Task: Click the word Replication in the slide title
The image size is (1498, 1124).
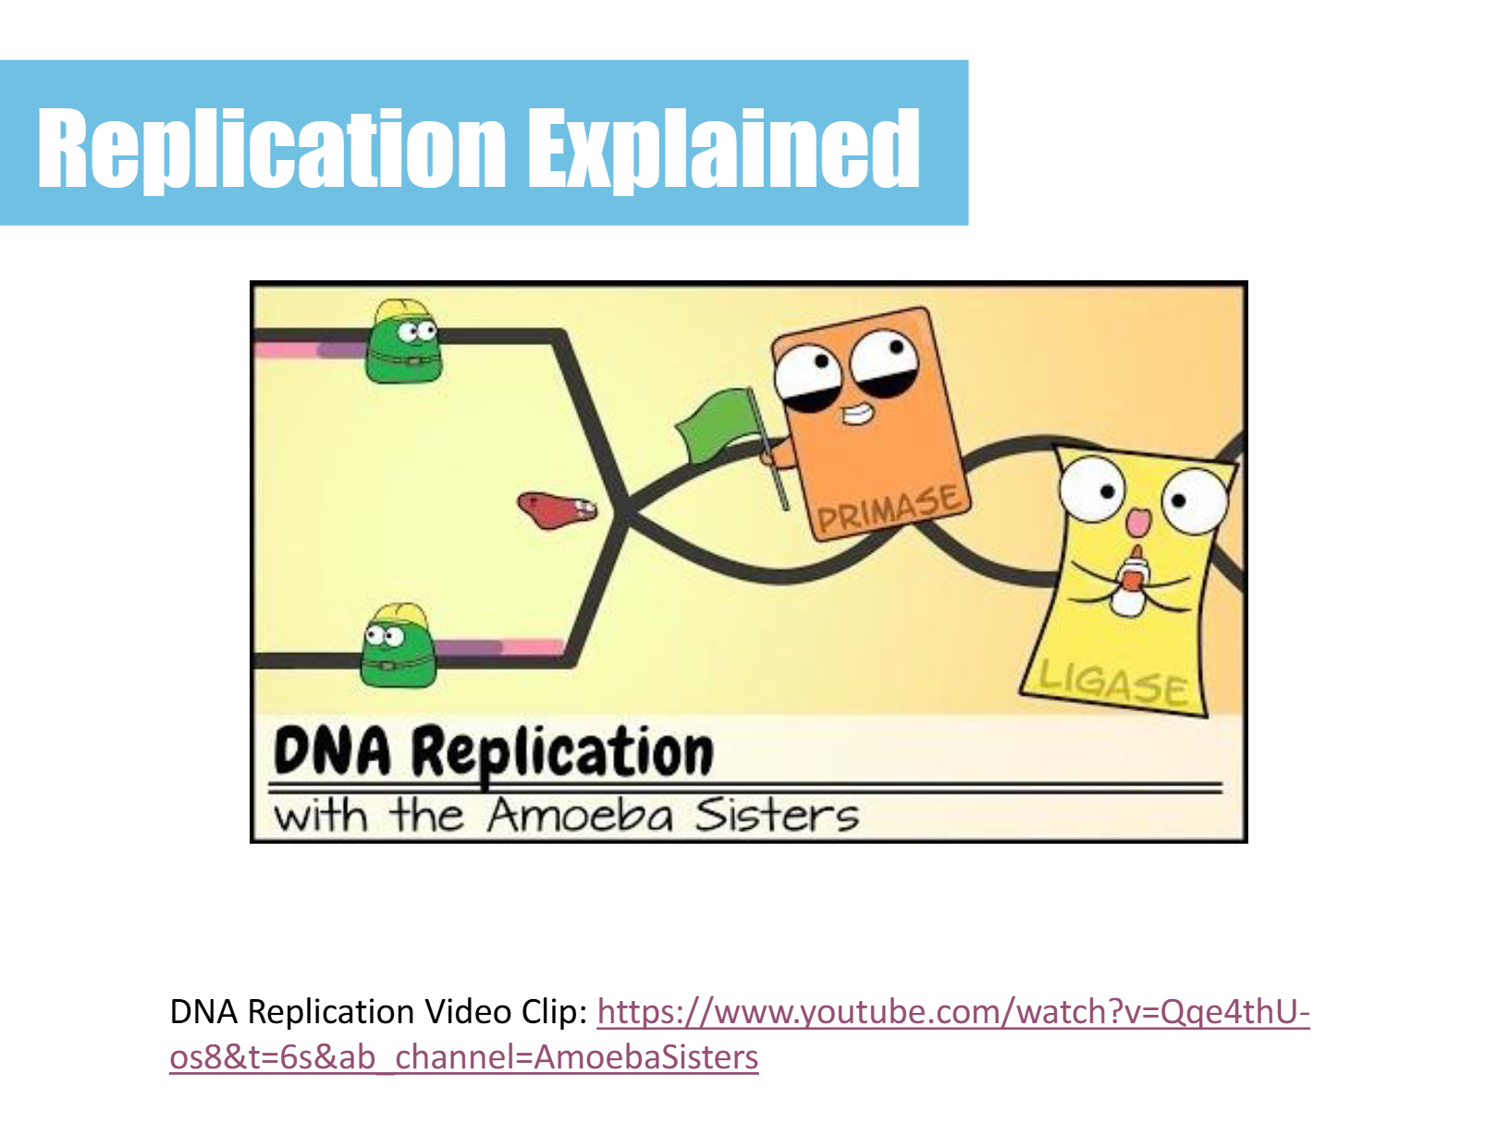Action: point(272,149)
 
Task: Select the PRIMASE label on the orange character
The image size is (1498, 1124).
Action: point(890,509)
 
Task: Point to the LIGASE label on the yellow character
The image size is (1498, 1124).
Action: point(1112,682)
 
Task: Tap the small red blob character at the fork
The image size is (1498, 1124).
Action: point(557,510)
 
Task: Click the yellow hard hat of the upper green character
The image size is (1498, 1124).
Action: point(402,311)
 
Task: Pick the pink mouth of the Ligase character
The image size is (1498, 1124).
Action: point(1137,523)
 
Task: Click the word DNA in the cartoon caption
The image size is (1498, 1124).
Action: point(332,751)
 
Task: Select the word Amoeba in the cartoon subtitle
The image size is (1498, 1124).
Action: point(580,816)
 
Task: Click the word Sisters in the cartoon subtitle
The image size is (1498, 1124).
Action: point(777,815)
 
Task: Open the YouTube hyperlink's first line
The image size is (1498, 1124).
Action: point(953,1011)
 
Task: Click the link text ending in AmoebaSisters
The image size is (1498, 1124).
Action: point(464,1057)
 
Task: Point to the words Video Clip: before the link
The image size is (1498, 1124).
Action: point(504,1011)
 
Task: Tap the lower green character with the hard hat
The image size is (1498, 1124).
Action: point(398,646)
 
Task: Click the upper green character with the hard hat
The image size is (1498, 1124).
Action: point(403,340)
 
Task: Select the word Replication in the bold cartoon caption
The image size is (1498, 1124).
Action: point(562,755)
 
